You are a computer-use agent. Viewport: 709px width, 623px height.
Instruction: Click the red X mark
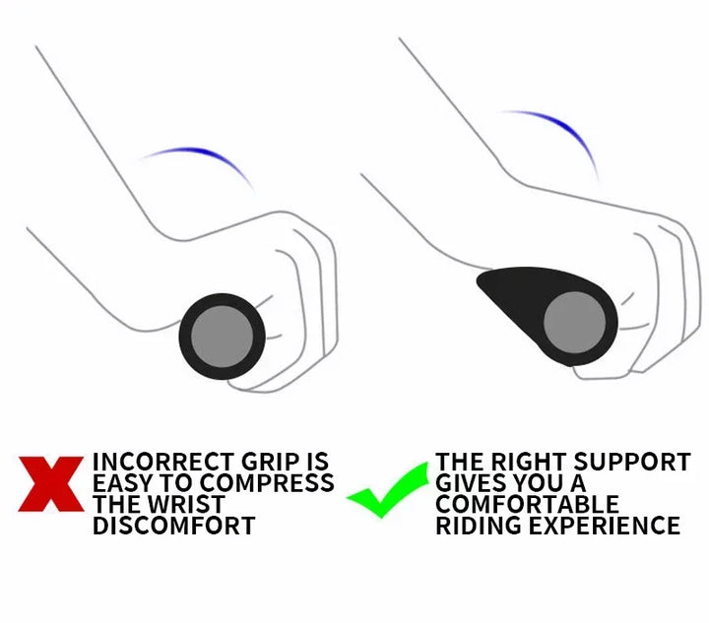(51, 484)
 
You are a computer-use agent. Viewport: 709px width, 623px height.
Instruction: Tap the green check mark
(388, 491)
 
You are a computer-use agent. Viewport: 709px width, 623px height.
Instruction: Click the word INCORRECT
(164, 462)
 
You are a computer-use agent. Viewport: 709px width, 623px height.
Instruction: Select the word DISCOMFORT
(174, 526)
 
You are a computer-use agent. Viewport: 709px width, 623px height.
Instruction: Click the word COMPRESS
(267, 483)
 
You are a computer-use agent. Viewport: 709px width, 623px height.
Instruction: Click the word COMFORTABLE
(527, 504)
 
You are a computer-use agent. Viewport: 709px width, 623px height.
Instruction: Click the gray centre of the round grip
(222, 337)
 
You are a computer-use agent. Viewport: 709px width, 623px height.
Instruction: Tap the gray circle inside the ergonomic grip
(574, 322)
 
